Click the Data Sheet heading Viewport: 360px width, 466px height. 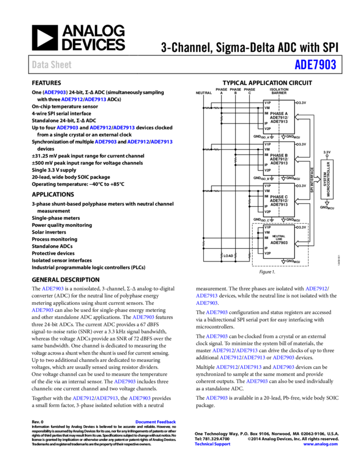[x=52, y=65]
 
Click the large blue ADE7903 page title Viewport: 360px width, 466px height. [x=315, y=65]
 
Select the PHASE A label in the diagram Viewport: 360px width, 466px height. [x=279, y=113]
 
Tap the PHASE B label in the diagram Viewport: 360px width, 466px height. [x=279, y=155]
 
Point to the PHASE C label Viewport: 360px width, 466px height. [x=279, y=197]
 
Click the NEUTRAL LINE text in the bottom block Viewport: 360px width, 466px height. [x=279, y=237]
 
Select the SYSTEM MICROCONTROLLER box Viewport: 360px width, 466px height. [x=327, y=179]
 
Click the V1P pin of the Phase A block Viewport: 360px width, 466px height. [x=267, y=103]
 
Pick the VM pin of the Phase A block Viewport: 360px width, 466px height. [x=267, y=108]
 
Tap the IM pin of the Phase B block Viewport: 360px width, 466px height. [x=266, y=155]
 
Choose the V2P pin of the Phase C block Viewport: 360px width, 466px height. [x=267, y=212]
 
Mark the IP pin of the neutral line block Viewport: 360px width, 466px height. [x=266, y=248]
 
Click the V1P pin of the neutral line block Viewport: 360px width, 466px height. [x=267, y=227]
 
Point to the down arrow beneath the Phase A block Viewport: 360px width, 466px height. [x=283, y=137]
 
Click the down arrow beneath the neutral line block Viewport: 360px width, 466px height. [x=283, y=262]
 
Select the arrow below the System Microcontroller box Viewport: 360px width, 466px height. [x=327, y=203]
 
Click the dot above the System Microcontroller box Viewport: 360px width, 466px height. [x=327, y=156]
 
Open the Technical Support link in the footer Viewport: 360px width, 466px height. [x=213, y=444]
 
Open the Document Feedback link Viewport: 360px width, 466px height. [x=156, y=422]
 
